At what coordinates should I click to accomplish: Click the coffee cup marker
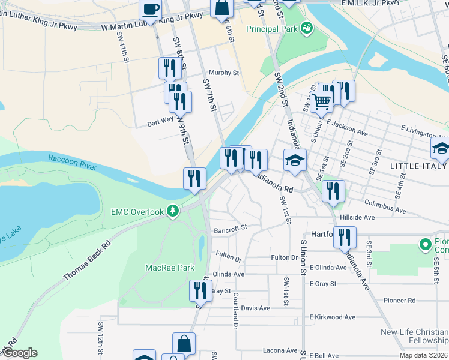point(150,10)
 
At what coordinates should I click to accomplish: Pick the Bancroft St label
point(231,229)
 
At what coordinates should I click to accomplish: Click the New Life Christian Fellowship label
point(414,337)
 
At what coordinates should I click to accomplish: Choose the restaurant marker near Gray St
point(200,291)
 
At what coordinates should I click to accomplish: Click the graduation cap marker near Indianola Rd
point(295,160)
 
